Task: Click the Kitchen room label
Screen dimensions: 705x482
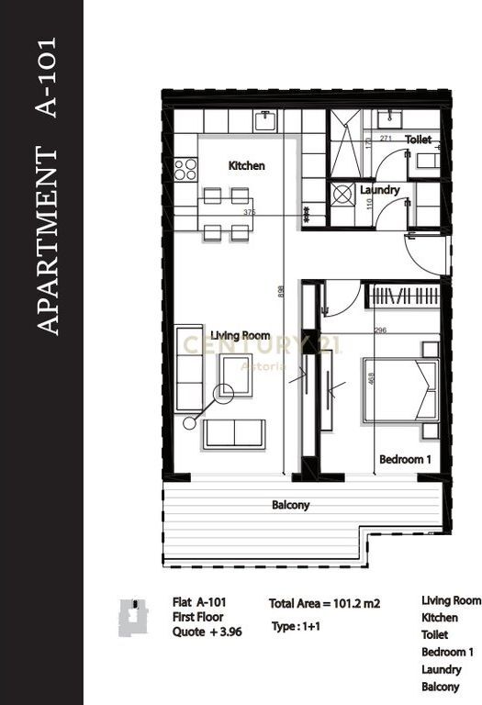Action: tap(246, 166)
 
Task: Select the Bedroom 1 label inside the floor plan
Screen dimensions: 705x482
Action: tap(405, 458)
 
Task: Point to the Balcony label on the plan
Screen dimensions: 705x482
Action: tap(290, 505)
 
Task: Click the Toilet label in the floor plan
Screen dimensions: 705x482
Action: tap(418, 140)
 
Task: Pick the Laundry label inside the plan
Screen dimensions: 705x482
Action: tap(379, 190)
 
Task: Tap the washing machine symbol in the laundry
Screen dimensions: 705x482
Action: tap(344, 195)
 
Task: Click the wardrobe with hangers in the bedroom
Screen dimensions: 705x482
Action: tap(404, 297)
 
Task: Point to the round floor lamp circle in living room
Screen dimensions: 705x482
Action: tap(223, 392)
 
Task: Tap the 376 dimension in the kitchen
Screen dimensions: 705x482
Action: tap(249, 212)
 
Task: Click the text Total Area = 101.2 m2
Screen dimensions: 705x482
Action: tap(324, 604)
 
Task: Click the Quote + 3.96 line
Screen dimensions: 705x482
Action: tap(207, 632)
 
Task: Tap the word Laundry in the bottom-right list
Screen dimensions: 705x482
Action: tap(442, 670)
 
